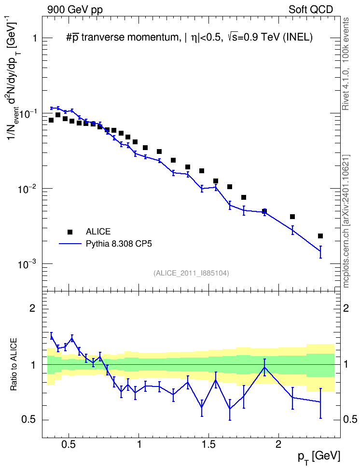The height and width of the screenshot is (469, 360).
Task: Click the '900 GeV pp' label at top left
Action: [75, 10]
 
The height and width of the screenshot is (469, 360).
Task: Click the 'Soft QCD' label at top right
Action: [311, 10]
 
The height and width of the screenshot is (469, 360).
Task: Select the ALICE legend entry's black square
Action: [70, 232]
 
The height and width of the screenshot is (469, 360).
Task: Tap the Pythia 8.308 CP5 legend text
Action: [119, 244]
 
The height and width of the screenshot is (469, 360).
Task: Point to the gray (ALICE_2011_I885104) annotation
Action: [191, 273]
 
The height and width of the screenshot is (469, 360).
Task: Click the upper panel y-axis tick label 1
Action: [34, 38]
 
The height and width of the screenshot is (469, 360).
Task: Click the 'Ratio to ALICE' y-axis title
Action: [14, 364]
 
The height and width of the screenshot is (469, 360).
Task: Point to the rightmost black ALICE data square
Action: [320, 236]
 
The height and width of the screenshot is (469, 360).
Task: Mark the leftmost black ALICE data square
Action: [51, 120]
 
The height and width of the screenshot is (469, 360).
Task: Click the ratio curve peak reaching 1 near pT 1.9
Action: [264, 367]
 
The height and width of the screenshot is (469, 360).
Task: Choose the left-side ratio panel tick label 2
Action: [32, 308]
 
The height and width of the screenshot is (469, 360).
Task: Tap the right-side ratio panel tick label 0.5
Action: [350, 420]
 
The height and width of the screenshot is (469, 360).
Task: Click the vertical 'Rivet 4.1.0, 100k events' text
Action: [346, 64]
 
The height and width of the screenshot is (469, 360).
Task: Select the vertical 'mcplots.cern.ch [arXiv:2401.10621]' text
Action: [346, 221]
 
